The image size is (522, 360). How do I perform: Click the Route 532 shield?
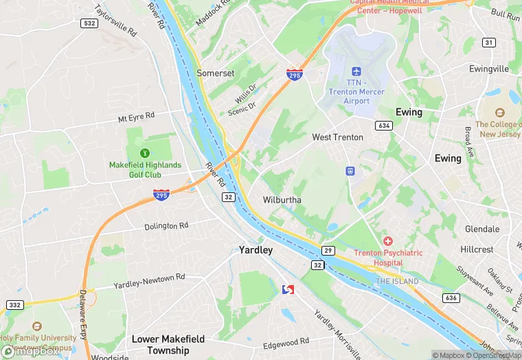click(x=89, y=23)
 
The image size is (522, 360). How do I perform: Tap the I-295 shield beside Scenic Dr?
click(x=294, y=74)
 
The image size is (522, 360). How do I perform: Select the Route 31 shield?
click(x=488, y=43)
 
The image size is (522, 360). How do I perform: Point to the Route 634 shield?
click(x=383, y=125)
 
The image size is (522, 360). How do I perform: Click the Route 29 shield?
click(x=328, y=251)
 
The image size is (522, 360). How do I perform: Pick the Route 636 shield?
click(x=451, y=297)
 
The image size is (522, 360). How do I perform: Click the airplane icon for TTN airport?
click(x=356, y=72)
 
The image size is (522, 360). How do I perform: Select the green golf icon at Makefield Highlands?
click(x=145, y=153)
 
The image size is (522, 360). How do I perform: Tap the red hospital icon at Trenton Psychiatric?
click(x=388, y=241)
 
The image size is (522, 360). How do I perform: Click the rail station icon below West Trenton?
click(x=349, y=170)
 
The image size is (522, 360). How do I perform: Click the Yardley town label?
click(x=256, y=250)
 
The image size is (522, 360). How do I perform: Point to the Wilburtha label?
click(x=282, y=200)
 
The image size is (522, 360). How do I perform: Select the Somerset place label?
click(x=215, y=73)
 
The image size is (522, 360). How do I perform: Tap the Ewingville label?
click(x=489, y=69)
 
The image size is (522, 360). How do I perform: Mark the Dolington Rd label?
click(x=166, y=226)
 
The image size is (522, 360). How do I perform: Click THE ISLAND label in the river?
click(x=396, y=282)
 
